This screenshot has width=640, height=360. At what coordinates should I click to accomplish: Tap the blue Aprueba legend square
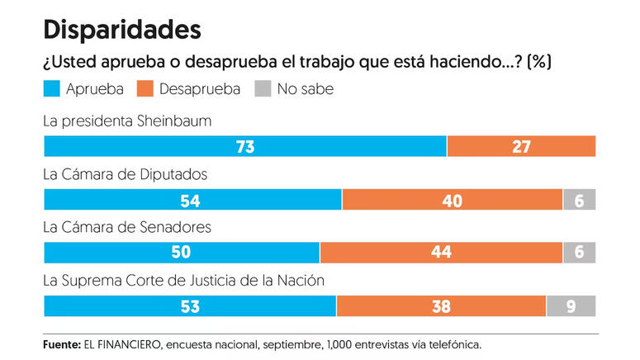tap(53, 88)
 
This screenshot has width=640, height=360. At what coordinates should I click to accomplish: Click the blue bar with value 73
tap(244, 147)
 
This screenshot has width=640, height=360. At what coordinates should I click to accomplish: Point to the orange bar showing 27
tap(521, 147)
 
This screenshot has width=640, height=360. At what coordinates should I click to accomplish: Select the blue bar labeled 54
tap(192, 201)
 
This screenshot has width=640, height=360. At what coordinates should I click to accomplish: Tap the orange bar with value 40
tap(452, 201)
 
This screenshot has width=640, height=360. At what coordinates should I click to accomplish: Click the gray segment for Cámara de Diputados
tap(579, 201)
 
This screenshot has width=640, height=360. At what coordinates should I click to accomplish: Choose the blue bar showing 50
tap(182, 253)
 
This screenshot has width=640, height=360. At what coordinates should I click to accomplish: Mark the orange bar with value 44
tap(441, 253)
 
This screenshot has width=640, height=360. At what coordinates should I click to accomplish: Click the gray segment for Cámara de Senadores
tap(579, 253)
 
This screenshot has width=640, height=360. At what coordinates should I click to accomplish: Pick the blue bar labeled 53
tap(190, 306)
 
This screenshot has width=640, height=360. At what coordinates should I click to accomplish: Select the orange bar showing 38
tap(441, 306)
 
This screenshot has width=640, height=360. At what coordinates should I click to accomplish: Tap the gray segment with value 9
tap(571, 306)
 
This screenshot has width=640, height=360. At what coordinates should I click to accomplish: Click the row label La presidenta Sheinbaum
tap(127, 121)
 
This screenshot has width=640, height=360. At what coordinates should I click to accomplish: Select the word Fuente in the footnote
tap(61, 343)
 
